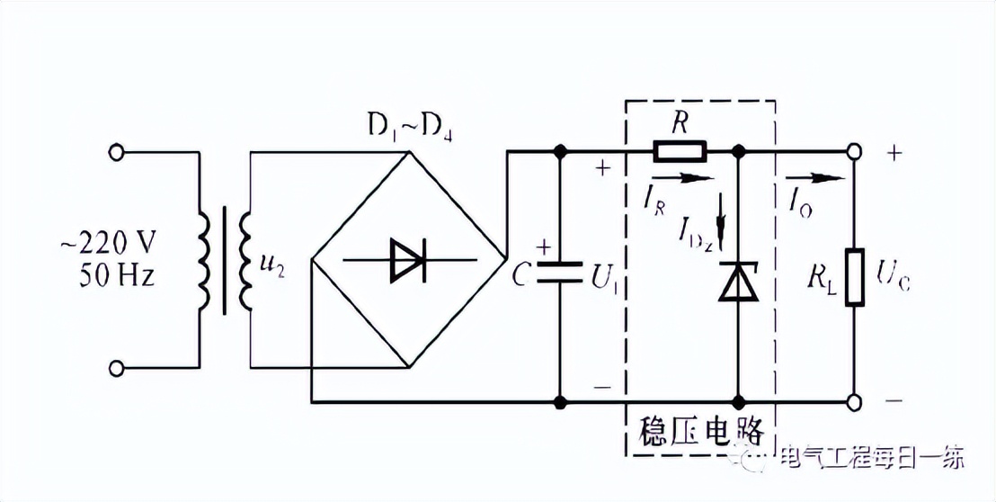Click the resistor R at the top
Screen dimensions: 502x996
coord(680,150)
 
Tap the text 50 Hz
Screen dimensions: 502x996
coord(109,274)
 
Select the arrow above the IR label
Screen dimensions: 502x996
coord(689,177)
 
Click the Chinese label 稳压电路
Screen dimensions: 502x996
coord(699,429)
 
